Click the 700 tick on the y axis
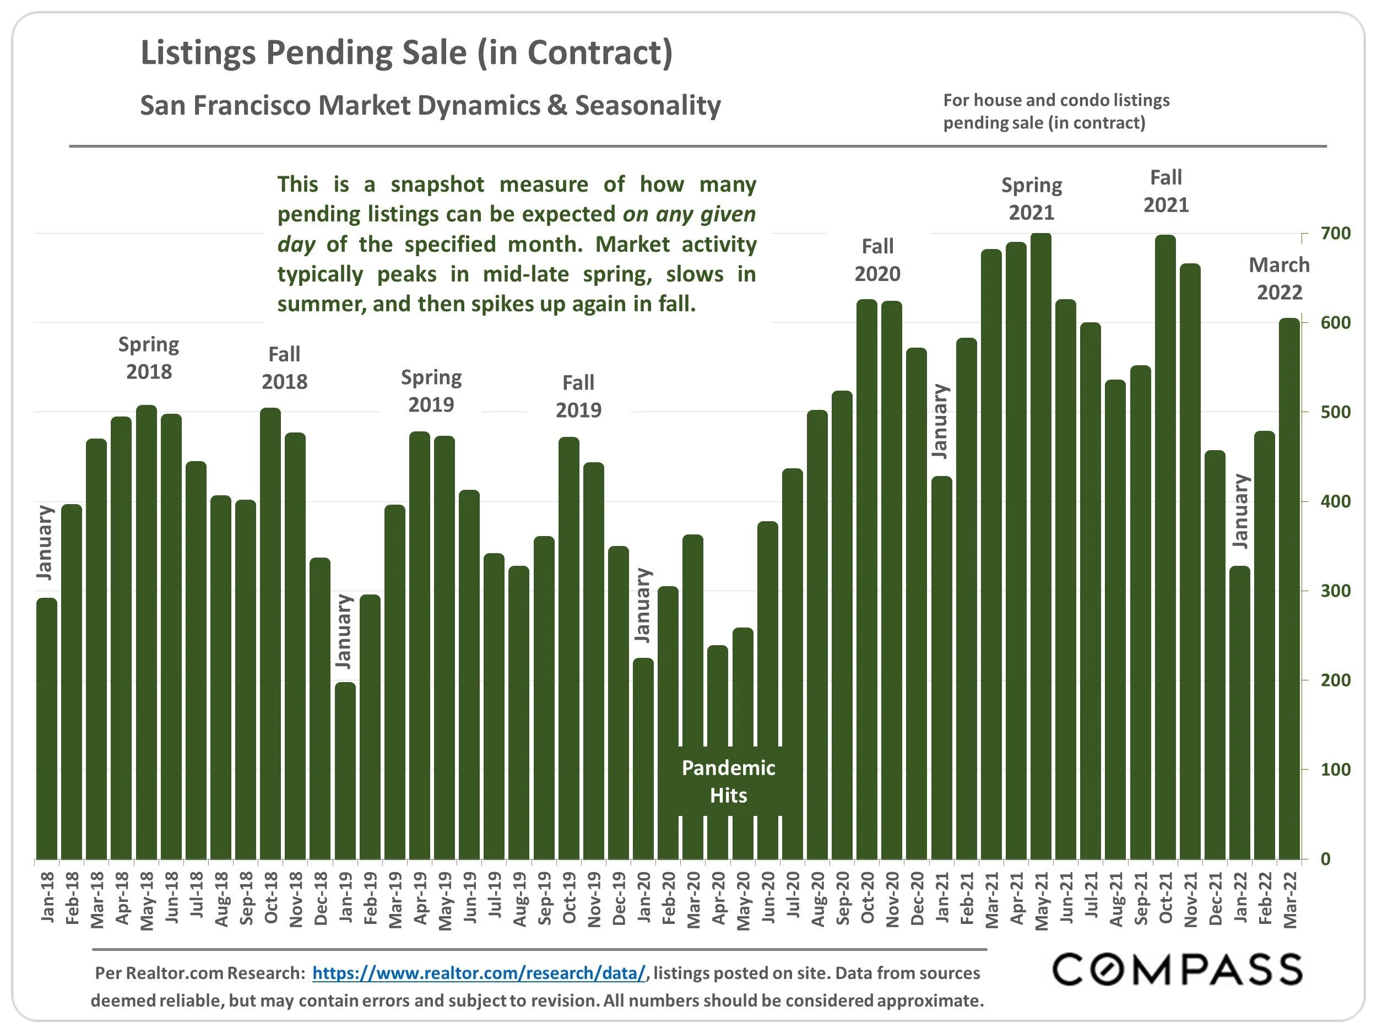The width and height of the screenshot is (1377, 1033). [x=1335, y=234]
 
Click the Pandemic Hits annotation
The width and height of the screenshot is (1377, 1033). [x=728, y=781]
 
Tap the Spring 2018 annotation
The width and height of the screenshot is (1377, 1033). [x=149, y=358]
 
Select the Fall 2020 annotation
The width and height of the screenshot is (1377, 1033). [x=877, y=260]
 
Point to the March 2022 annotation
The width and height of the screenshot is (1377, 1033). [x=1280, y=279]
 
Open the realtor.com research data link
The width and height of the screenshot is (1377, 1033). [x=479, y=973]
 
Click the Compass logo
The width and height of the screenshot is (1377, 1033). [x=1177, y=970]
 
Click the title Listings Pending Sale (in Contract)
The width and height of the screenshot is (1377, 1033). [x=406, y=52]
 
